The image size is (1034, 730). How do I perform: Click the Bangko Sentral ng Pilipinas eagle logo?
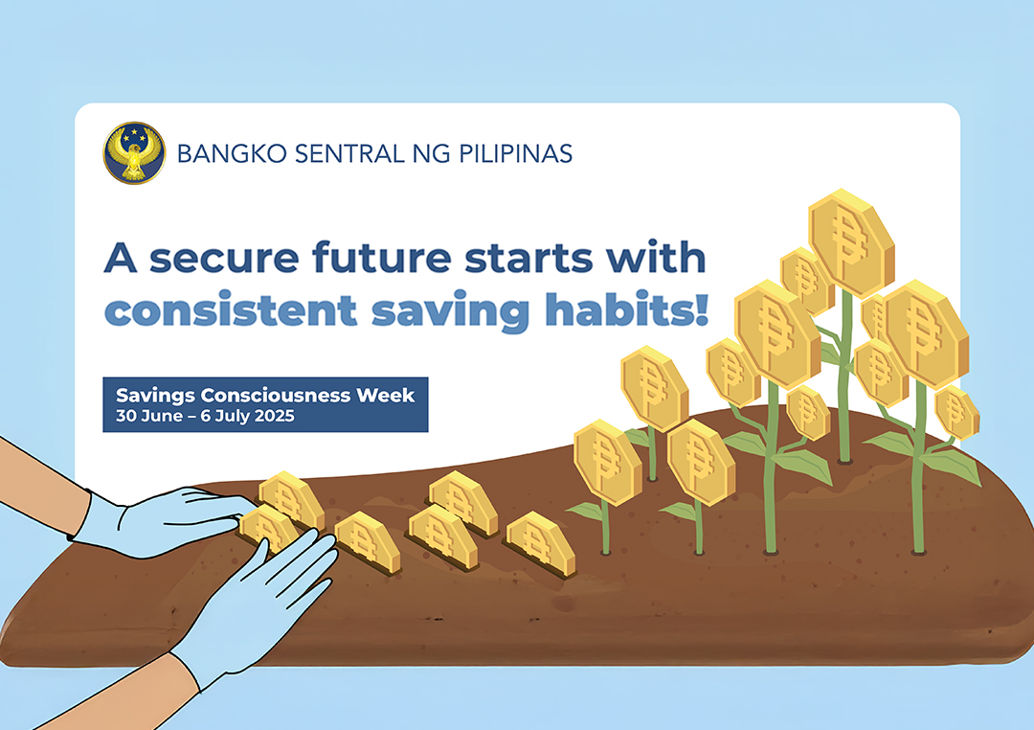point(135,153)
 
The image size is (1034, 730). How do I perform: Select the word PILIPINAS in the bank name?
point(515,154)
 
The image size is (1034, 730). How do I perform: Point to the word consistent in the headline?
point(231,310)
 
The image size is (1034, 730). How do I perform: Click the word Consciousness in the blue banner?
point(275,395)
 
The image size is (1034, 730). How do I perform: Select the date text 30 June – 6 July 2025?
point(205,416)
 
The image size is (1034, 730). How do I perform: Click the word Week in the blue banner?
point(386,395)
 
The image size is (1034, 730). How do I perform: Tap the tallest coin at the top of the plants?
point(851,242)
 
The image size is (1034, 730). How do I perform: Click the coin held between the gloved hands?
point(269,529)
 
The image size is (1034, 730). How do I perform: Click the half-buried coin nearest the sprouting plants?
point(540,542)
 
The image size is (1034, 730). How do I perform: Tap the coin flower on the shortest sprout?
point(607,462)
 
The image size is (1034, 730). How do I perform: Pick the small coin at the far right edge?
point(956,413)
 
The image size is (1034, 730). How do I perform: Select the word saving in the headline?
point(451,311)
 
